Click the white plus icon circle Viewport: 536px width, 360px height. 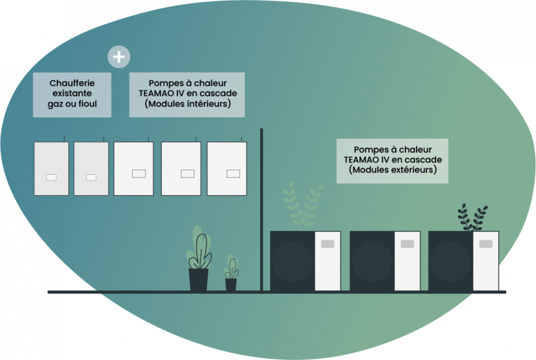[x=119, y=57]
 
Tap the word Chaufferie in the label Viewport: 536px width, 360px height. [x=72, y=83]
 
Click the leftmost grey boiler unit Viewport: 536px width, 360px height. [x=51, y=169]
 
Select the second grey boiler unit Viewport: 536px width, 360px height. [x=91, y=169]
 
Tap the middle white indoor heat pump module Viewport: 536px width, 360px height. [x=181, y=169]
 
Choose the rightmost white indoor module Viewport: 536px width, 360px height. [x=227, y=169]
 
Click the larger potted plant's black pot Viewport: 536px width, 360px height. [x=198, y=280]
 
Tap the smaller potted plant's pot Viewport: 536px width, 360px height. [x=231, y=284]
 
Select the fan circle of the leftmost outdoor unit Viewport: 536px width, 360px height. [x=292, y=261]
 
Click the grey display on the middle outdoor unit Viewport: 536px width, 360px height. [x=407, y=244]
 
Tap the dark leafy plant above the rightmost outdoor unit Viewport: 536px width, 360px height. [x=472, y=218]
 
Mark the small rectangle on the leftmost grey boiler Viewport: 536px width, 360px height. [x=51, y=177]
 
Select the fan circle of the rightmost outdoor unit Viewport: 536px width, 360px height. [x=451, y=261]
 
